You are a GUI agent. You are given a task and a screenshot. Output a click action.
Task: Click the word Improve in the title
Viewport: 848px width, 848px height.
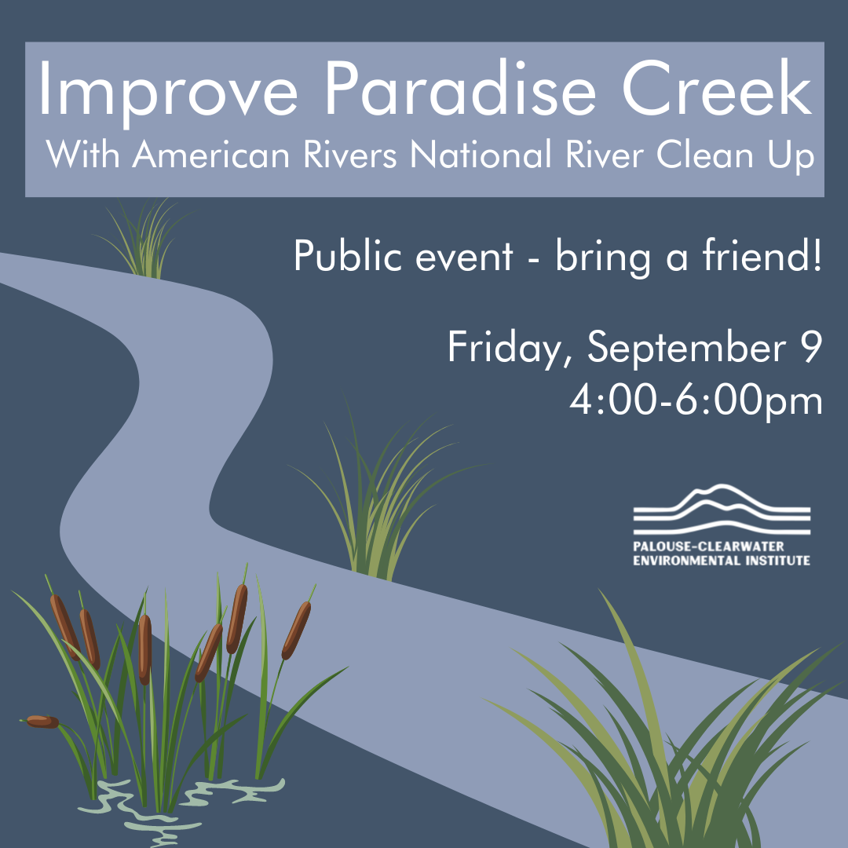point(168,93)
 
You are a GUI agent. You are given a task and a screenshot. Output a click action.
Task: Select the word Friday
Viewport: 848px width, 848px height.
point(505,348)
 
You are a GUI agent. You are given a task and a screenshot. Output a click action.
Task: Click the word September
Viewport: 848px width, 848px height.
point(687,349)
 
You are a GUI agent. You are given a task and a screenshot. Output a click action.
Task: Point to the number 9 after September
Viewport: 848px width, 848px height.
point(812,347)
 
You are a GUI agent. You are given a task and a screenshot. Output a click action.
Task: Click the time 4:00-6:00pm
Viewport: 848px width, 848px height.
point(696,401)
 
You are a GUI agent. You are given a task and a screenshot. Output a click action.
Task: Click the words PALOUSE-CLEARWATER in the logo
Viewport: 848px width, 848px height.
point(708,546)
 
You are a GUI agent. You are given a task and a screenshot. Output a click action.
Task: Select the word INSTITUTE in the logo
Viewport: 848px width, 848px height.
point(777,561)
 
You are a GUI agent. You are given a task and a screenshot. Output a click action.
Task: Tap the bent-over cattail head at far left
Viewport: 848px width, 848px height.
point(42,722)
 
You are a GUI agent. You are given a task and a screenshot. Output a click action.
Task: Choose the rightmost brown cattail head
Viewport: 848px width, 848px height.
point(296,630)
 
